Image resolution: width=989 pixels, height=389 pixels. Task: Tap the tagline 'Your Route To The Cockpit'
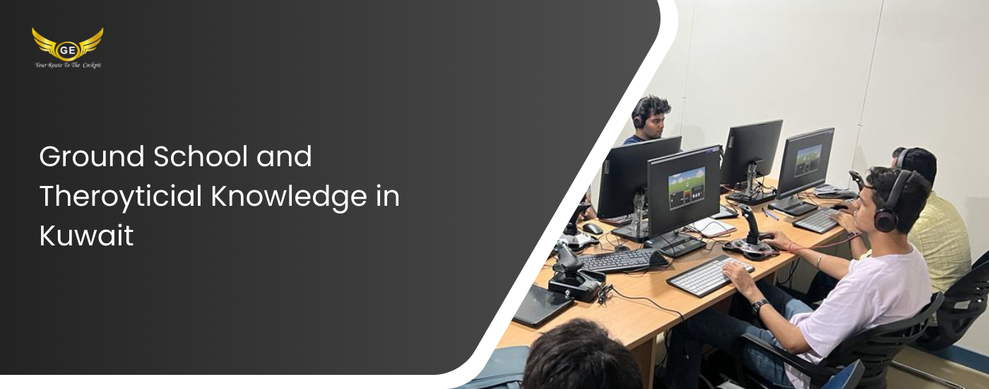pyautogui.click(x=68, y=65)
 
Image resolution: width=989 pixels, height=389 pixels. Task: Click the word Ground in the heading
pyautogui.click(x=92, y=156)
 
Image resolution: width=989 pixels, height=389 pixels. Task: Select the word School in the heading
pyautogui.click(x=201, y=156)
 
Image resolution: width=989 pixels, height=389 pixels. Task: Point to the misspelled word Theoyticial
pyautogui.click(x=121, y=197)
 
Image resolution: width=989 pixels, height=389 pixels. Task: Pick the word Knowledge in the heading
pyautogui.click(x=289, y=197)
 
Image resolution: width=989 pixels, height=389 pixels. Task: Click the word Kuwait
pyautogui.click(x=86, y=236)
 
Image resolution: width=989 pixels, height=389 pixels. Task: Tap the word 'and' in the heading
pyautogui.click(x=284, y=156)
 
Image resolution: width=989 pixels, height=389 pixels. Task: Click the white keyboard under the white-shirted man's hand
pyautogui.click(x=710, y=275)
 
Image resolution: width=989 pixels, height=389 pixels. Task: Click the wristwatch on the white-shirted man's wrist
pyautogui.click(x=759, y=306)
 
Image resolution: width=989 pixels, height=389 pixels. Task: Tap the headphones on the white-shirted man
pyautogui.click(x=891, y=201)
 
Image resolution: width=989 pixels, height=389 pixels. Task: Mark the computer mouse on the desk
pyautogui.click(x=593, y=228)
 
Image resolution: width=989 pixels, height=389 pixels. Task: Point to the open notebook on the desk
pyautogui.click(x=711, y=227)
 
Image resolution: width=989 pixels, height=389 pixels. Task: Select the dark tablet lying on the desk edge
pyautogui.click(x=543, y=306)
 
